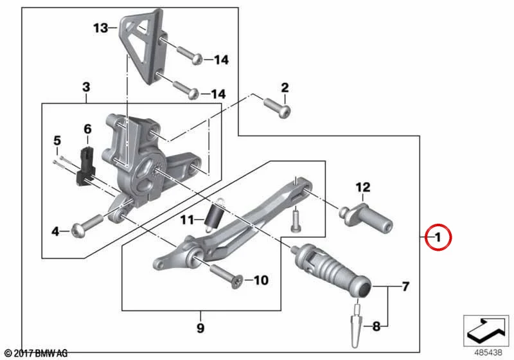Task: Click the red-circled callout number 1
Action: tap(438, 237)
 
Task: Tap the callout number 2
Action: tap(285, 87)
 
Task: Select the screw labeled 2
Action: tap(278, 107)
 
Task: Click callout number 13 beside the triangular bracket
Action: tap(101, 28)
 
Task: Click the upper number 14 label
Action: tap(221, 60)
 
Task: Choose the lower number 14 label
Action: tap(218, 94)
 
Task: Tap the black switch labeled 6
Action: tap(85, 166)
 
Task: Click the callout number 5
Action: tap(57, 141)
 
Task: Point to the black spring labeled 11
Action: tap(214, 215)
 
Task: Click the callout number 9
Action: tap(200, 328)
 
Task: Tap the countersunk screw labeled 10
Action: tap(226, 276)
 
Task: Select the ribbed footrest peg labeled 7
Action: tap(331, 270)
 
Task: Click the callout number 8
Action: tap(377, 326)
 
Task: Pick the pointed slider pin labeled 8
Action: tap(357, 325)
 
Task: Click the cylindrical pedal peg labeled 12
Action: tap(366, 219)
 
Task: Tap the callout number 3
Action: tap(86, 87)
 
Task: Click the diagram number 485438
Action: tap(488, 352)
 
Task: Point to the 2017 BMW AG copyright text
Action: tap(36, 354)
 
